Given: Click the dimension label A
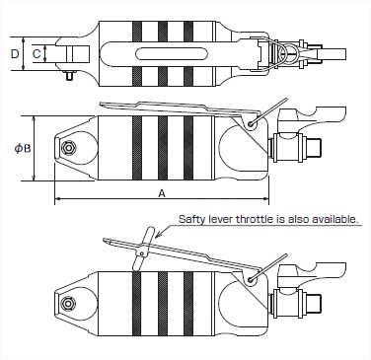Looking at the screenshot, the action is coord(162,194).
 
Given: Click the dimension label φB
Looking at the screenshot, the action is coord(23,149).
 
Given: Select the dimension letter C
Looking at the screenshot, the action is coord(37,53).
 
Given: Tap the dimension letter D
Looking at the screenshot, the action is coord(15,53).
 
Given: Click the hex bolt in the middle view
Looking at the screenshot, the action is coord(68,148).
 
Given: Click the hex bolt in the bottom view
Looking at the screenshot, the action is coord(68,303).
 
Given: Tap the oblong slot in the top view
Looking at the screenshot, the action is coord(172,53).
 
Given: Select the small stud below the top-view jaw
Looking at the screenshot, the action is coord(69,76).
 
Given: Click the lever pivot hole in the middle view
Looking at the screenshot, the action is coord(252,123).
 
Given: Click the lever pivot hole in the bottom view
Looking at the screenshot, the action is coord(252,279).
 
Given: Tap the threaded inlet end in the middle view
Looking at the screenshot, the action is coord(314,147).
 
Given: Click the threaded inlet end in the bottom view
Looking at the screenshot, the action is coord(314,303).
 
